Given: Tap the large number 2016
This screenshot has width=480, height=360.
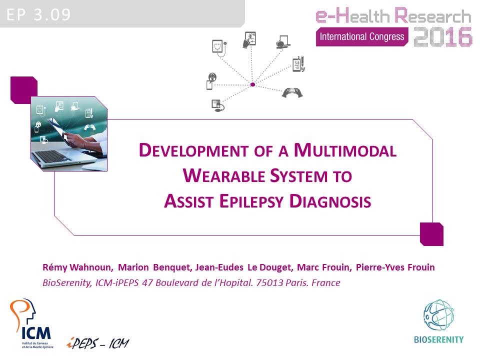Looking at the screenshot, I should pyautogui.click(x=443, y=36).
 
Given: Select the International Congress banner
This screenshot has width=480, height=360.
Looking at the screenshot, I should pyautogui.click(x=361, y=36).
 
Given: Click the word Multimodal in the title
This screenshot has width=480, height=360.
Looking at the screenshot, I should pyautogui.click(x=345, y=150).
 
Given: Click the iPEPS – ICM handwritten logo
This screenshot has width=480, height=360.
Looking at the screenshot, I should pyautogui.click(x=97, y=343).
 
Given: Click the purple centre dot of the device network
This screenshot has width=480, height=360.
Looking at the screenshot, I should pyautogui.click(x=253, y=84).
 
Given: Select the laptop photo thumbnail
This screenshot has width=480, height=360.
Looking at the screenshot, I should pyautogui.click(x=69, y=133).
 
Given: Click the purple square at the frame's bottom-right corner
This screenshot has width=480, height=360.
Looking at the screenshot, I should pyautogui.click(x=431, y=234).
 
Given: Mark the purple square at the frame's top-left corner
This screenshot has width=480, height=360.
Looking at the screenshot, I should pyautogui.click(x=24, y=90).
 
